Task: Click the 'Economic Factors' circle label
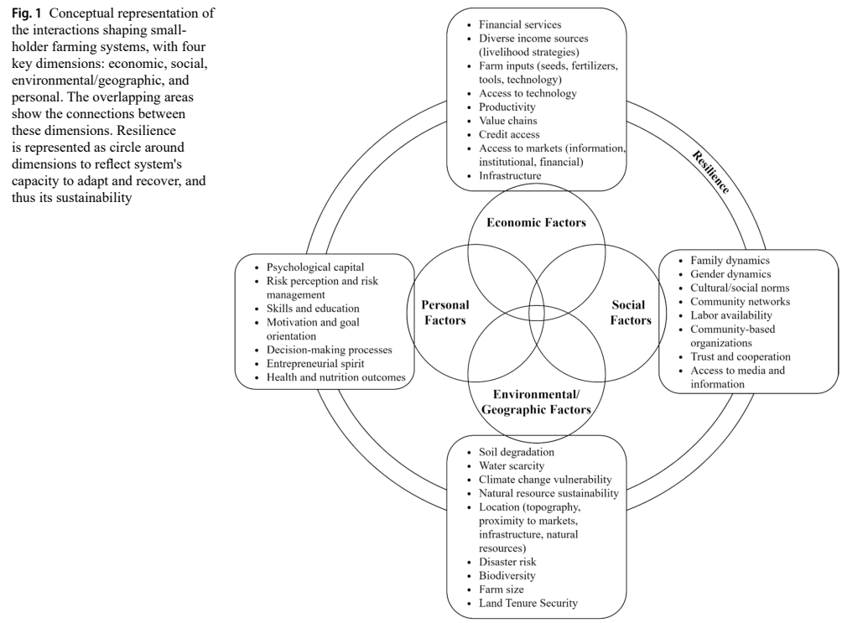tap(525, 222)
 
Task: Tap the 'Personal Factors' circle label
tap(444, 311)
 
